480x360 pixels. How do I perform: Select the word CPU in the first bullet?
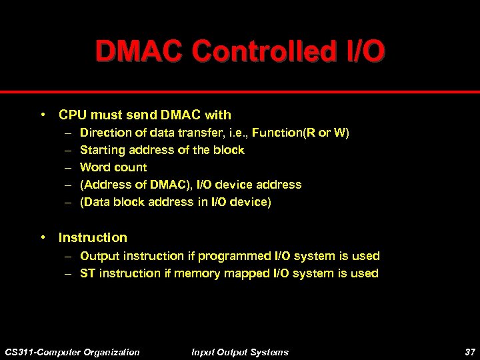point(72,115)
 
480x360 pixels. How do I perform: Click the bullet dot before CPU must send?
point(42,115)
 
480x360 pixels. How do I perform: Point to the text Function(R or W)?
point(301,133)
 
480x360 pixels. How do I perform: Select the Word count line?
point(113,167)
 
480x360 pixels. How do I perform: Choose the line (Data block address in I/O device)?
point(175,202)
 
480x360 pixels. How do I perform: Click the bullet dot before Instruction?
point(42,237)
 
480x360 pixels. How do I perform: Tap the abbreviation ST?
point(87,273)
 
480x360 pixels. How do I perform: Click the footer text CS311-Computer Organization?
point(72,352)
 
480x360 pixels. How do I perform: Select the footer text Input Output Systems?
point(240,352)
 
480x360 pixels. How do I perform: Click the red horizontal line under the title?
point(240,91)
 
